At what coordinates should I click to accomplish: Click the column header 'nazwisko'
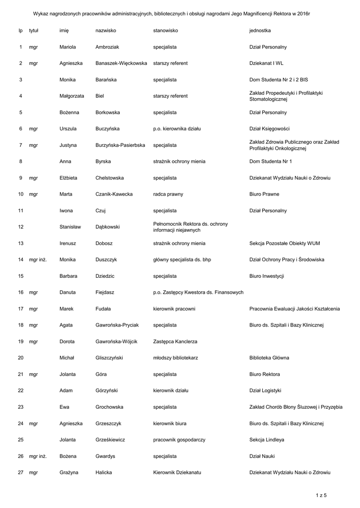coord(105,31)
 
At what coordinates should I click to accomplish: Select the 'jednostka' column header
coord(260,31)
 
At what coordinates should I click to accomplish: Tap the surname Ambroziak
coord(107,47)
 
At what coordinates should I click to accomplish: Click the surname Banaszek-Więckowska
coord(121,63)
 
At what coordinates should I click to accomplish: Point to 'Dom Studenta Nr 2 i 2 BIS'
coord(279,80)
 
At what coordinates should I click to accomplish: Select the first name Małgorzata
coord(72,96)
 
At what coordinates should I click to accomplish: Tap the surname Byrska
coord(103,162)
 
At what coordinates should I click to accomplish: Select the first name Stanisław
coord(71,227)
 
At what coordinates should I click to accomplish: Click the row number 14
coord(20,260)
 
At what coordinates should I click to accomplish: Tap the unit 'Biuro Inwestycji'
coord(267,276)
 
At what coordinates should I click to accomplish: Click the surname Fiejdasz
coord(105,293)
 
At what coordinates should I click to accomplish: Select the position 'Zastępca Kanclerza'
coord(175,342)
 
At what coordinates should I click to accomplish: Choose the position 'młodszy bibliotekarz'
coord(176,358)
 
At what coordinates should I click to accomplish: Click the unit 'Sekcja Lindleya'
coord(267,440)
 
